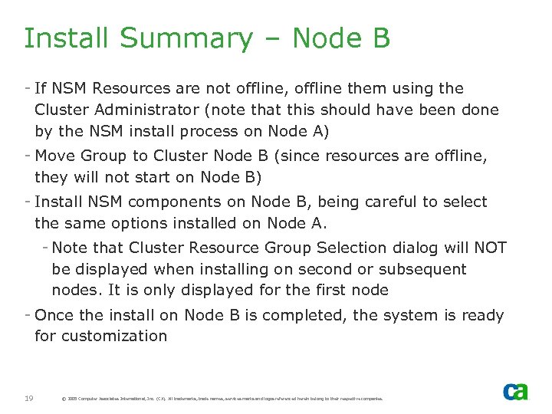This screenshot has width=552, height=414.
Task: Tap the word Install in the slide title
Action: pos(67,38)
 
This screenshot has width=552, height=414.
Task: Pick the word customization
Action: pos(114,336)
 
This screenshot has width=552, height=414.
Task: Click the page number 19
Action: pos(29,398)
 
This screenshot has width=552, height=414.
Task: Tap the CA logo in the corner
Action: pos(515,391)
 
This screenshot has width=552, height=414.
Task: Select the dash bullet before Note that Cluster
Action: pos(45,247)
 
